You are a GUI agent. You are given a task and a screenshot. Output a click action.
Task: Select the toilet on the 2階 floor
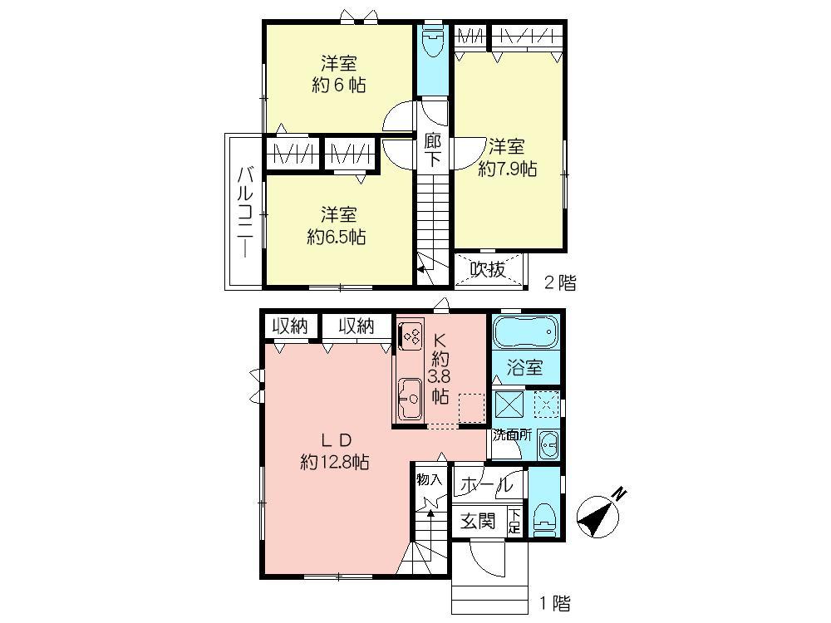coord(431,42)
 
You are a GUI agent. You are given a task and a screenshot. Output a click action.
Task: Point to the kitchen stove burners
coord(410,336)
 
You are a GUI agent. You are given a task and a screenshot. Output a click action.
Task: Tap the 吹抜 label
coord(488,269)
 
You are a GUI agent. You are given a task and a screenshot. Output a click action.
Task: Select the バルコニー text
coord(245,213)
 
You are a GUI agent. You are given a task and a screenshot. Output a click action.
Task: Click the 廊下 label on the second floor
coord(432,150)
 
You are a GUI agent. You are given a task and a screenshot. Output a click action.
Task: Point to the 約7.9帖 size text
coord(507,169)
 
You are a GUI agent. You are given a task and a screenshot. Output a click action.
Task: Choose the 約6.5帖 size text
coord(337,237)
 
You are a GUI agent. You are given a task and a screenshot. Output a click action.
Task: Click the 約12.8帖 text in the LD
coord(335,464)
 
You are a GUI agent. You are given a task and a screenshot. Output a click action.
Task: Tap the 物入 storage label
coord(429,479)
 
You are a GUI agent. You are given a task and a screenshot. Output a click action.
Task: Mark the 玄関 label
coord(479,522)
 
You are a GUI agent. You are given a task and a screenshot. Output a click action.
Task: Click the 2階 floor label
coord(559,283)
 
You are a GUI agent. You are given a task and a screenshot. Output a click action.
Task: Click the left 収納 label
coord(288,326)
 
